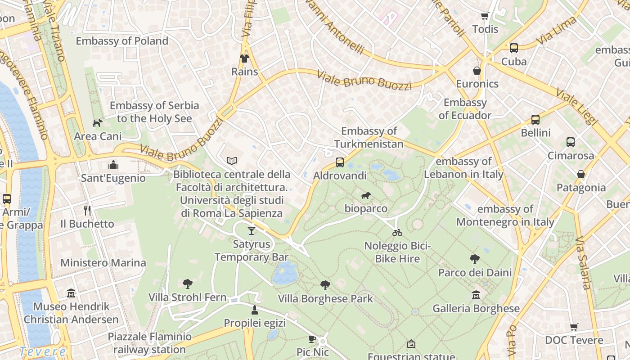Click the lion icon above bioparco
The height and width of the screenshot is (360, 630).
(x=366, y=195)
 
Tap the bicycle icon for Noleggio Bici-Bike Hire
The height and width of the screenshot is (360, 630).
(x=397, y=233)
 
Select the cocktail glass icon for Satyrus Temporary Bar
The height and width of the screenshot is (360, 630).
(x=252, y=231)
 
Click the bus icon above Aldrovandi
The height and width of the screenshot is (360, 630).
(x=340, y=162)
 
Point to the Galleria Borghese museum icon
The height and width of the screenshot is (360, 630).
(x=476, y=295)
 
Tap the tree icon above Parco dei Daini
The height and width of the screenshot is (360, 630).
(x=474, y=259)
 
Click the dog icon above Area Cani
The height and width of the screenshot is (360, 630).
(x=97, y=123)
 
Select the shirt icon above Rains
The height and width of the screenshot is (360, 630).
(x=244, y=58)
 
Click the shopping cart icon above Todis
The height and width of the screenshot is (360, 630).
(x=485, y=16)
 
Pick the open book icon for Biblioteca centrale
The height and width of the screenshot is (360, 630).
(x=232, y=161)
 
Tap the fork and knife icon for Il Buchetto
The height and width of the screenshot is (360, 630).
(x=87, y=210)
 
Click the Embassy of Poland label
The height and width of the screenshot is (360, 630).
(x=122, y=41)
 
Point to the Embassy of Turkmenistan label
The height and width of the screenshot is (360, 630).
(x=369, y=138)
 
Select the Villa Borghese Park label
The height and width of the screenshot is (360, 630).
(x=325, y=299)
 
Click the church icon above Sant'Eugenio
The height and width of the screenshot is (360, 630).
(x=113, y=165)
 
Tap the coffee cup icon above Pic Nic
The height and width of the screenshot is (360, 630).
(x=312, y=339)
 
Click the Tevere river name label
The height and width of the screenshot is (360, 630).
(x=43, y=351)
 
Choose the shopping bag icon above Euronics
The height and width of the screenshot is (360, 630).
(x=477, y=71)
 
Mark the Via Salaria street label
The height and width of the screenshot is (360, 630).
(x=583, y=263)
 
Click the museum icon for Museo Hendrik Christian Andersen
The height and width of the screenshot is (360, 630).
(x=71, y=293)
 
